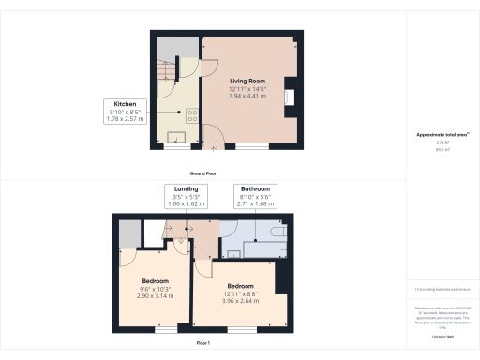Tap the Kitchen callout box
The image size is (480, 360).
click(126, 111)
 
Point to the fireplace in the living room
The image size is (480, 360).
click(293, 97)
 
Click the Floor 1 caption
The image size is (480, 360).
click(203, 344)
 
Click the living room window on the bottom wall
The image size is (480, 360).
click(250, 146)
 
